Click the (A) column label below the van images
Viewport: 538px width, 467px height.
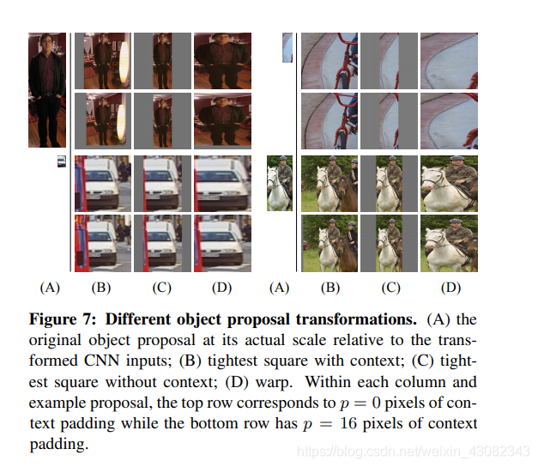(50, 288)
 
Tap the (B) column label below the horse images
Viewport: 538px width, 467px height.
(330, 288)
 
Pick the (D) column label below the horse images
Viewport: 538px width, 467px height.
(450, 288)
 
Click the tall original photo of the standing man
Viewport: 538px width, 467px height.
(46, 89)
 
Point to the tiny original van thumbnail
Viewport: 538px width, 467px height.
(62, 161)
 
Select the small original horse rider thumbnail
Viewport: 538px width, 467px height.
(280, 183)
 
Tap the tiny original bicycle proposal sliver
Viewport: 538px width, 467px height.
(287, 47)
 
